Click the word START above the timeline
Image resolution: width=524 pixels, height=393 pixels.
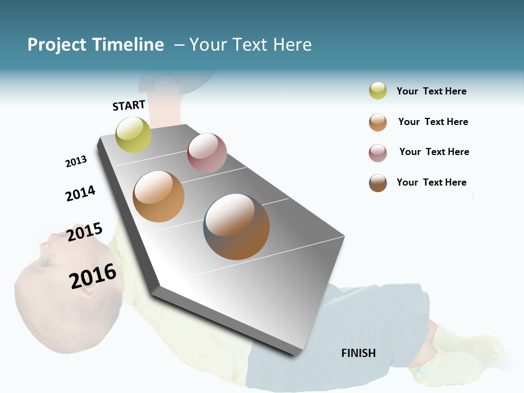click(129, 105)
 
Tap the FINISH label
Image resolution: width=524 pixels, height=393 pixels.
click(359, 353)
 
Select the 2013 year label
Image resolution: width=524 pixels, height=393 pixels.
click(76, 162)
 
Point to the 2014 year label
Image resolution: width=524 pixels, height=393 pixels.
click(80, 193)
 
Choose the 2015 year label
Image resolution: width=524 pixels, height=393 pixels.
click(85, 231)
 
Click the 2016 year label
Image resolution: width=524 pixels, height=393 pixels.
click(93, 276)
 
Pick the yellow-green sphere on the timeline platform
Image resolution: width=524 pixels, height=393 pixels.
click(134, 134)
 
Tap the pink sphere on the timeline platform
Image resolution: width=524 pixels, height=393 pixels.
click(207, 153)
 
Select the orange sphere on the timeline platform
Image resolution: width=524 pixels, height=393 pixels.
click(159, 196)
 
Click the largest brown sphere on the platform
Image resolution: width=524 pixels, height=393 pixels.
click(237, 227)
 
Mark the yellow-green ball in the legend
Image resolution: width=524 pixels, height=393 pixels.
click(378, 91)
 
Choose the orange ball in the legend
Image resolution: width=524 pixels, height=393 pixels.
click(378, 122)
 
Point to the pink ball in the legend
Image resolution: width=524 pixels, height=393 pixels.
click(378, 153)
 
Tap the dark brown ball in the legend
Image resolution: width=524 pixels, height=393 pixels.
click(378, 183)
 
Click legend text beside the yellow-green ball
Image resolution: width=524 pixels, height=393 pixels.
click(432, 91)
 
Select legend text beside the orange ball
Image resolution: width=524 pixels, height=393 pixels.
click(433, 122)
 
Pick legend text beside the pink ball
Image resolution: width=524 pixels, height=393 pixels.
click(434, 152)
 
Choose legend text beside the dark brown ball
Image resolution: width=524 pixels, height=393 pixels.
click(432, 182)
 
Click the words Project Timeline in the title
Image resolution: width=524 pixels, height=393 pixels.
click(96, 45)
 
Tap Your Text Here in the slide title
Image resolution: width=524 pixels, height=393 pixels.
click(251, 45)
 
